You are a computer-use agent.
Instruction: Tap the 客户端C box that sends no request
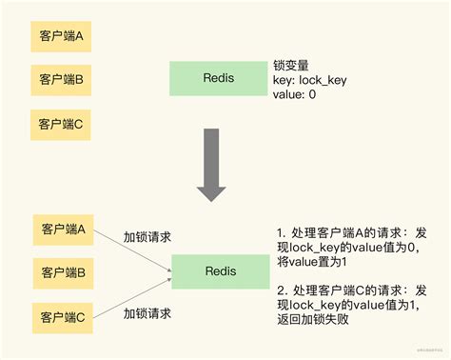click(x=61, y=124)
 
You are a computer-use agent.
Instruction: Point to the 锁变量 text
click(x=291, y=66)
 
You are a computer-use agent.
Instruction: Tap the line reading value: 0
click(x=295, y=96)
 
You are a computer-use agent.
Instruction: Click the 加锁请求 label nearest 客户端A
click(x=147, y=235)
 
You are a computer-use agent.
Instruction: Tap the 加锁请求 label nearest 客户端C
click(x=147, y=312)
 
